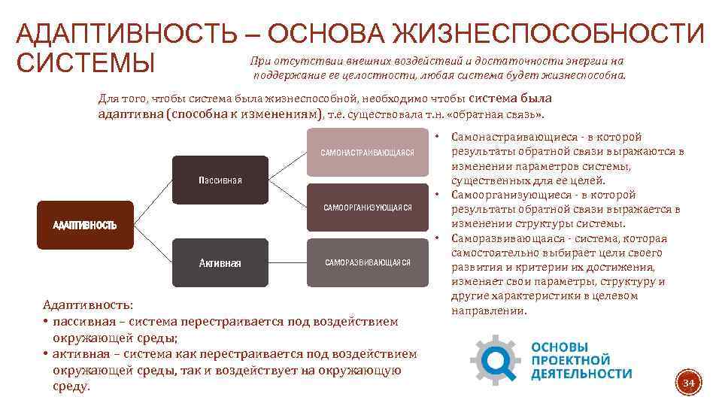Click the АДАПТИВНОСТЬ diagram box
click(84, 226)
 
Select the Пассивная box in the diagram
click(220, 181)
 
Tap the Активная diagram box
click(220, 262)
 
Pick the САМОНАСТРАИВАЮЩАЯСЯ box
click(366, 153)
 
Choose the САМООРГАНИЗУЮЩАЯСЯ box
click(366, 208)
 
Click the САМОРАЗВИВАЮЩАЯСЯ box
click(366, 262)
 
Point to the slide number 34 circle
click(687, 384)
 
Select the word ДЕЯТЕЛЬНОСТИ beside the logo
click(581, 374)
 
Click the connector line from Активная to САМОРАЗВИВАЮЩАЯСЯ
click(287, 262)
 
